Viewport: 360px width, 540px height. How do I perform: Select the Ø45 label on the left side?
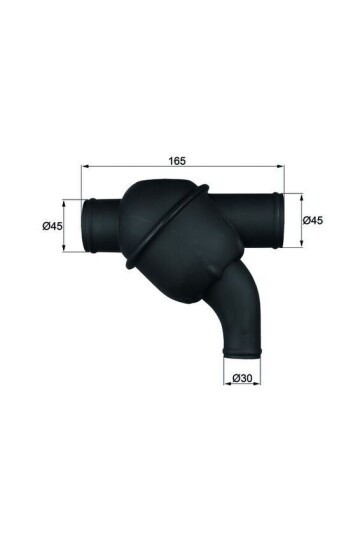[x=53, y=226]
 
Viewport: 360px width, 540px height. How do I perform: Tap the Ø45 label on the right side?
[x=311, y=220]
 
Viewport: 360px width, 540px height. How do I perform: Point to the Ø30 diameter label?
[x=241, y=378]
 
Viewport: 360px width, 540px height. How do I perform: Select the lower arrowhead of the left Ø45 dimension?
[x=67, y=249]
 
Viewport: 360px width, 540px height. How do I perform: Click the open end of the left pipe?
[x=87, y=225]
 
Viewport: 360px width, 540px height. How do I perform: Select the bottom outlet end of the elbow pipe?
[x=242, y=349]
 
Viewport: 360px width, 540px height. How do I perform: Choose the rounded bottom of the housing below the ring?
[x=185, y=280]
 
